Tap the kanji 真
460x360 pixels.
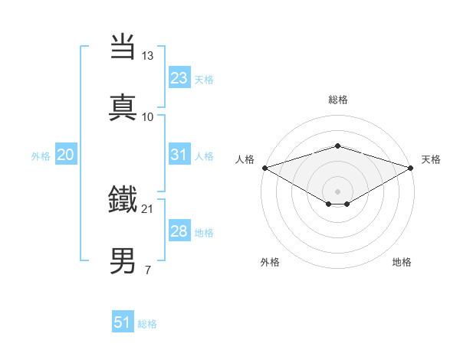[124, 107]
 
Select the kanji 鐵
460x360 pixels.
[124, 199]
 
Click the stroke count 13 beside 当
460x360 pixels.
[148, 56]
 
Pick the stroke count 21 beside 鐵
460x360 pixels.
[148, 208]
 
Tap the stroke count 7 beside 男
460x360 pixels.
[148, 270]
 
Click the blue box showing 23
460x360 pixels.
[179, 78]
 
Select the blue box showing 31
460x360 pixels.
[179, 155]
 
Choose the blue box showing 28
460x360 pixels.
[179, 231]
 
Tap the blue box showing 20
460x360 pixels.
[65, 155]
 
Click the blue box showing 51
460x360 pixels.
[122, 322]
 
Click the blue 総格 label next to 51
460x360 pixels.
[147, 324]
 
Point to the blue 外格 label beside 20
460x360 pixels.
[41, 156]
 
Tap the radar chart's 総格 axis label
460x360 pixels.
[338, 100]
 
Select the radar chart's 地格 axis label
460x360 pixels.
[402, 262]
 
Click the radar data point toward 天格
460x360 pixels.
[411, 168]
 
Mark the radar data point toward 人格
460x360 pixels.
[264, 168]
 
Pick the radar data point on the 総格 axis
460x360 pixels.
[337, 146]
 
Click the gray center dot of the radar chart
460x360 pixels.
[337, 191]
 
